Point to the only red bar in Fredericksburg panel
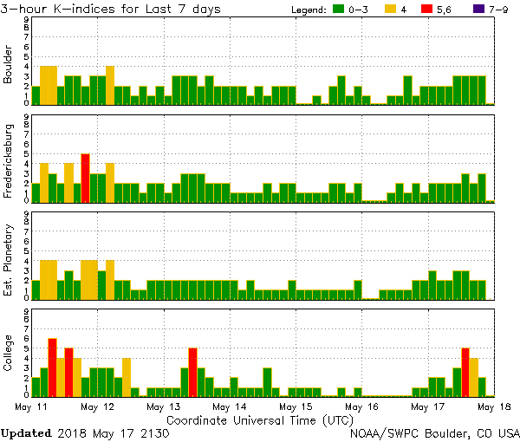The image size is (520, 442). [x=85, y=178]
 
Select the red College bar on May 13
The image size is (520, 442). [x=192, y=371]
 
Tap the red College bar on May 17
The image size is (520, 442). [x=465, y=371]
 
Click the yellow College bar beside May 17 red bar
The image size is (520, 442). [x=474, y=376]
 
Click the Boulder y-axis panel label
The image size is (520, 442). [x=10, y=64]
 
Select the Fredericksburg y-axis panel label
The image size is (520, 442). [x=10, y=159]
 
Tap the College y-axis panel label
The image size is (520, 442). [x=10, y=354]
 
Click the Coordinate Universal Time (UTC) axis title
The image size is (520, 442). [x=260, y=419]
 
